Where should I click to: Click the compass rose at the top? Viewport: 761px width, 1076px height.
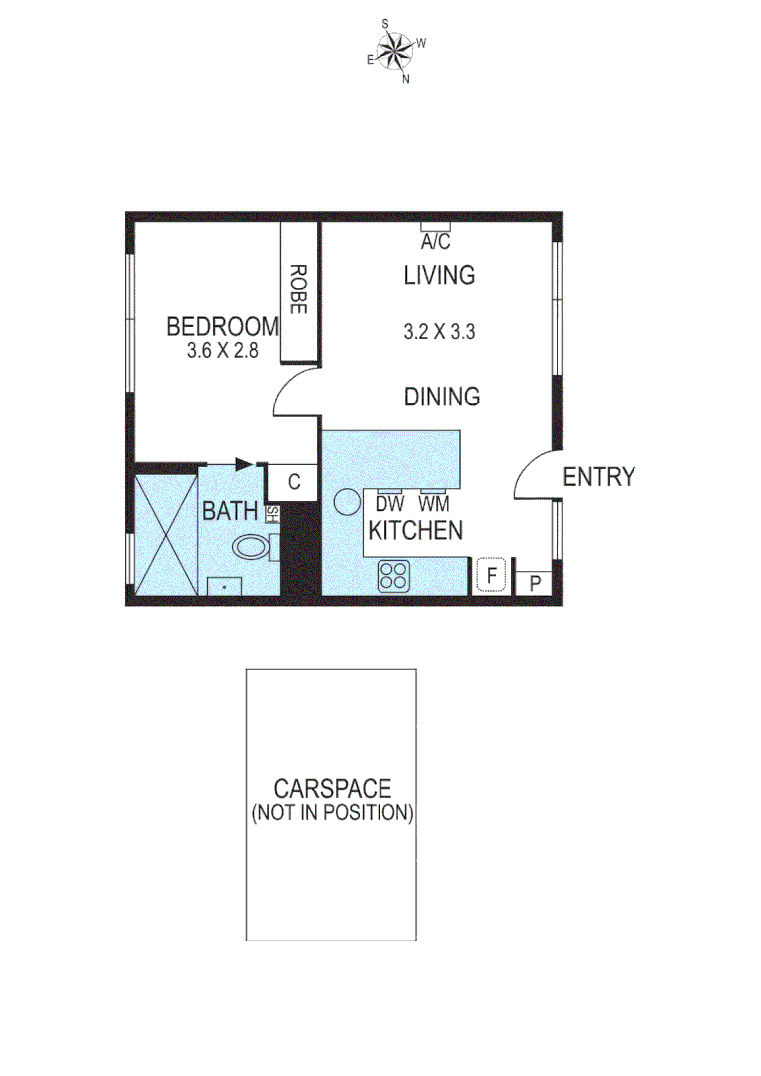click(x=396, y=50)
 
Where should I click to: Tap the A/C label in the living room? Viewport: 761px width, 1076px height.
click(x=436, y=242)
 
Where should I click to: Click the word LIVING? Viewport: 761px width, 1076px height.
click(x=439, y=275)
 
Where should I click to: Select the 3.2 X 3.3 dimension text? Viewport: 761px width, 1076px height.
click(x=439, y=333)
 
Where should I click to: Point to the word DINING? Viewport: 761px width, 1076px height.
click(x=442, y=397)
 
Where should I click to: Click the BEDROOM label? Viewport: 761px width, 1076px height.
click(x=222, y=326)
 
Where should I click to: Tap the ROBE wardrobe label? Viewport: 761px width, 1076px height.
click(x=297, y=289)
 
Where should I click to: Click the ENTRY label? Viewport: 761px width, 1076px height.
click(x=599, y=477)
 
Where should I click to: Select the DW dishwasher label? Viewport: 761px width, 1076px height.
click(x=388, y=504)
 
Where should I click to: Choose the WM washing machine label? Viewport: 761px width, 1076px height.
click(x=433, y=504)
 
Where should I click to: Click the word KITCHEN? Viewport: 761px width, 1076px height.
click(x=415, y=530)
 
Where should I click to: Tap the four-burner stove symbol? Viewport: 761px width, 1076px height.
click(x=393, y=575)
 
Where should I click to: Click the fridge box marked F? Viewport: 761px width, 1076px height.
click(x=491, y=575)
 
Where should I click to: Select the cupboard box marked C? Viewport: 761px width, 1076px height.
click(x=294, y=482)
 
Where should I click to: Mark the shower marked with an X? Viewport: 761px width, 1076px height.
click(x=163, y=533)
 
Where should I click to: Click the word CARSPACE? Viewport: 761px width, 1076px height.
click(x=332, y=789)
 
